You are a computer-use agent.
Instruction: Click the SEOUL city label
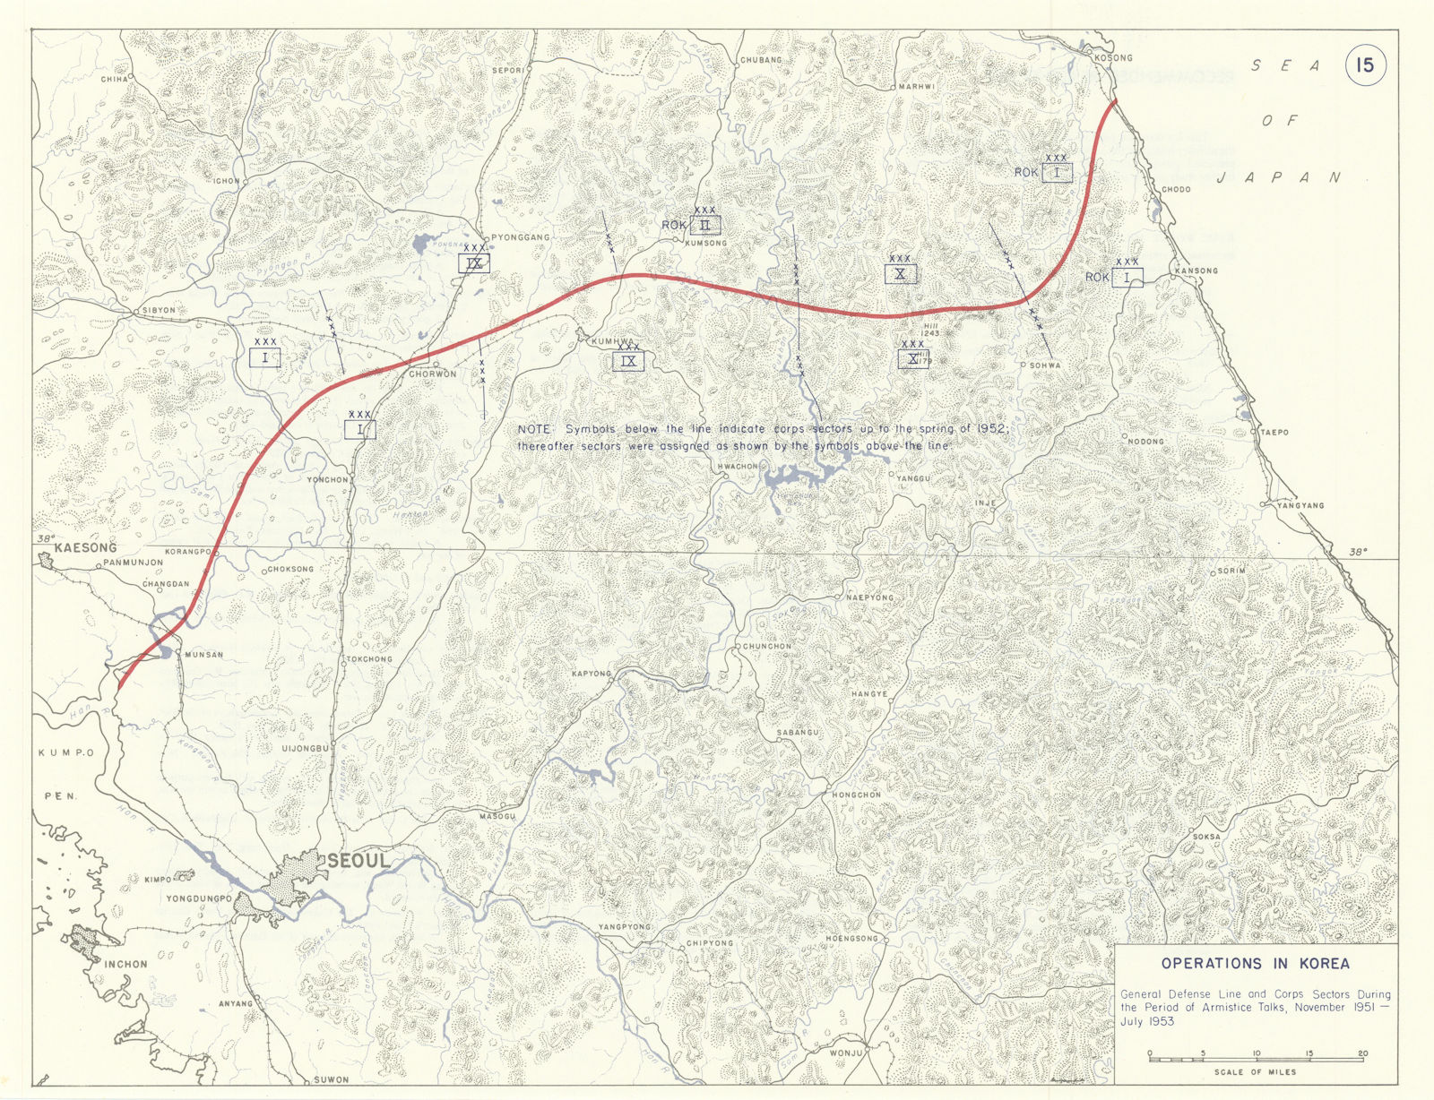click(x=358, y=861)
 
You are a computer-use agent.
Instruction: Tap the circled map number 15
click(x=1364, y=65)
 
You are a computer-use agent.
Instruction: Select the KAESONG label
click(x=85, y=547)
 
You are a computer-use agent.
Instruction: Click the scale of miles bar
click(x=1256, y=1060)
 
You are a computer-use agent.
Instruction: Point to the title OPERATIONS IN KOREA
click(x=1255, y=964)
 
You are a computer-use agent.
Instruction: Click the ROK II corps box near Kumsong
click(x=705, y=225)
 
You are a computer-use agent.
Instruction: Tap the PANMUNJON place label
click(x=134, y=563)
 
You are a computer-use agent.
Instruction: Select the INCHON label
click(x=125, y=964)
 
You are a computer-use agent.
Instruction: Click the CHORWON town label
click(x=433, y=374)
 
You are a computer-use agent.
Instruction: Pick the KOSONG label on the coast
click(x=1114, y=57)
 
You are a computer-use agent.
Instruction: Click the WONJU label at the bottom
click(x=845, y=1053)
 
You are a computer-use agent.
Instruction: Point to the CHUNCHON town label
click(x=767, y=646)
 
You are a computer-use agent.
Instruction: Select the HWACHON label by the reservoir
click(x=738, y=467)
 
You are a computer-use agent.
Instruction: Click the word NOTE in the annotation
click(x=534, y=430)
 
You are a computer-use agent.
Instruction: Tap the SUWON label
click(x=332, y=1079)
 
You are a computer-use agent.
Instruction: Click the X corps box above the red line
click(x=900, y=273)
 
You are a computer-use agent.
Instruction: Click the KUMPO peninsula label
click(x=66, y=753)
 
